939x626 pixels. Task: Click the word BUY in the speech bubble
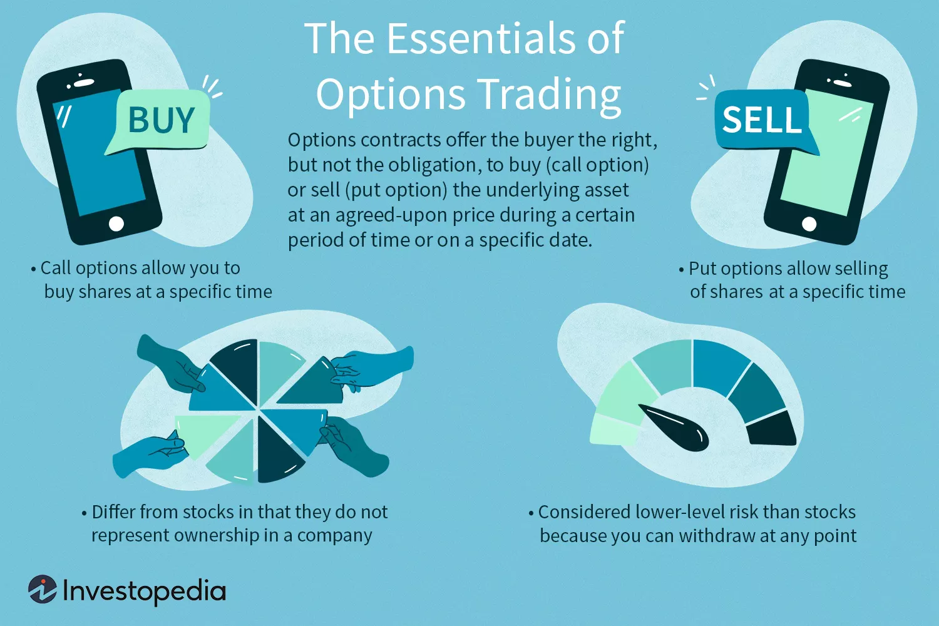[x=161, y=120]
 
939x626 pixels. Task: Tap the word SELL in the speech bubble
[x=762, y=120]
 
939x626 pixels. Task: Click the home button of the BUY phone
[x=116, y=223]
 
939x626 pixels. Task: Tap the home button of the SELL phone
[x=809, y=223]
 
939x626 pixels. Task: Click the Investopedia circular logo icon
[x=43, y=590]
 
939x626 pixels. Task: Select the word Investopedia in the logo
[x=144, y=591]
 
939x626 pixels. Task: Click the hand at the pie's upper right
[x=376, y=366]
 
